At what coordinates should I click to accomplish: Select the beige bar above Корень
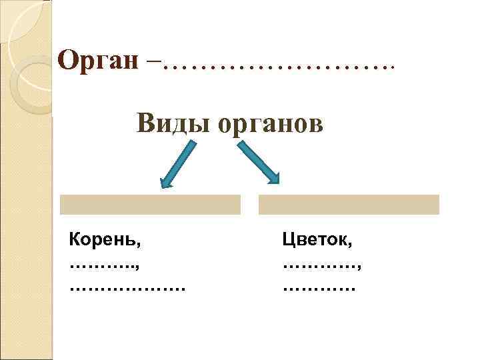(x=150, y=205)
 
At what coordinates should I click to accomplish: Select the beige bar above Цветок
(x=349, y=205)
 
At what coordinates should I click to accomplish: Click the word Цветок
(x=317, y=237)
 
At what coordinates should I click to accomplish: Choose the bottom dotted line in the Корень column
(x=127, y=289)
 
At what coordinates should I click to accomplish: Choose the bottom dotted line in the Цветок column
(x=318, y=289)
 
